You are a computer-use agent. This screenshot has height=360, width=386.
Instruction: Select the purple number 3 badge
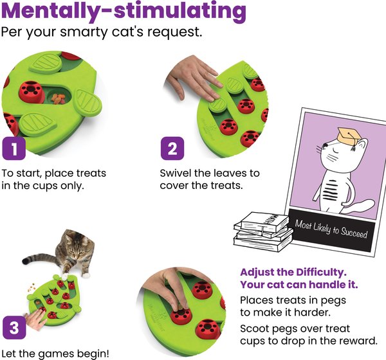click(14, 327)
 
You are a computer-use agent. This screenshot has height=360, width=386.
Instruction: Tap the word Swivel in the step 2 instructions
click(176, 173)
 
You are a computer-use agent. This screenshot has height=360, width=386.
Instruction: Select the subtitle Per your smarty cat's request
click(102, 32)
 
